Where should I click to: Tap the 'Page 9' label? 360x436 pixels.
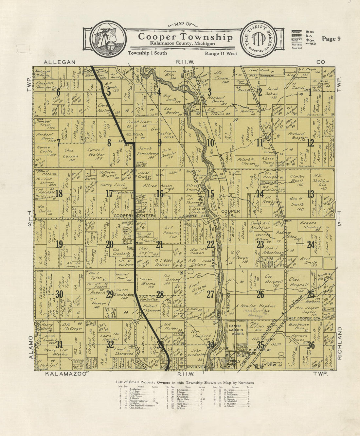[x=331, y=39]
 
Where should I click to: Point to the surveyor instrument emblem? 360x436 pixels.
[x=108, y=39]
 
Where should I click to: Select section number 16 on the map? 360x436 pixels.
[x=160, y=194]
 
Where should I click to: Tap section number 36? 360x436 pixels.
[x=311, y=345]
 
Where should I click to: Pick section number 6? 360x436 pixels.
[x=59, y=92]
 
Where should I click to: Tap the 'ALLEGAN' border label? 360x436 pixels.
[x=60, y=62]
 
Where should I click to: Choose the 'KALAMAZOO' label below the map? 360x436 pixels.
[x=65, y=374]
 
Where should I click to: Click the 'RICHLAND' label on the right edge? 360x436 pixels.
[x=339, y=343]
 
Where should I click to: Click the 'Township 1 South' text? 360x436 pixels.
[x=147, y=53]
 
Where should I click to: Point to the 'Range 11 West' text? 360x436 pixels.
[x=221, y=53]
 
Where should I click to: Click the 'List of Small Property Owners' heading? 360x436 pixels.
[x=185, y=382]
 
